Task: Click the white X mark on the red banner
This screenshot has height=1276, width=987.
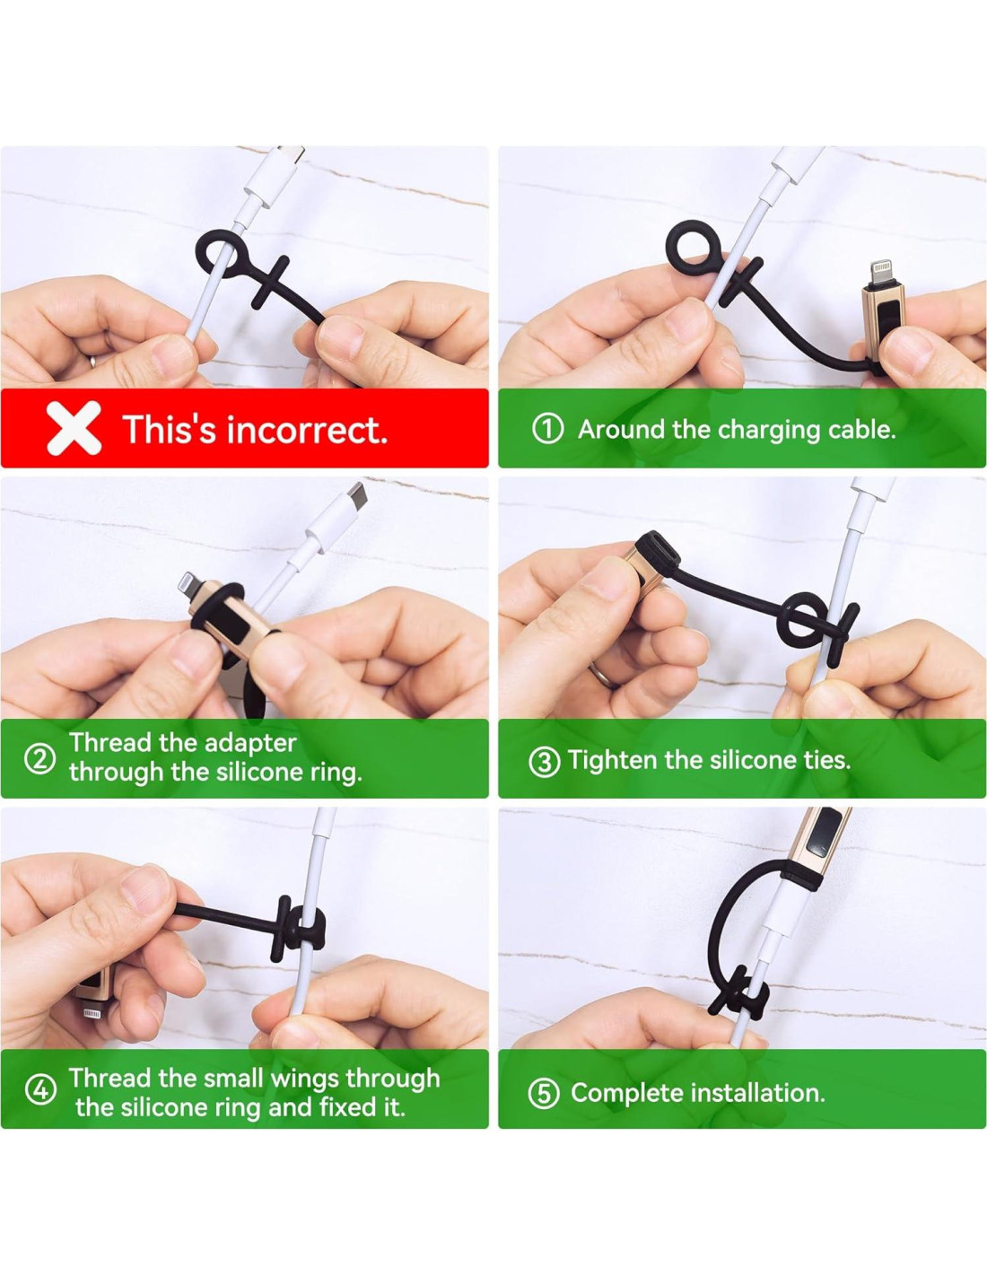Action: coord(74,428)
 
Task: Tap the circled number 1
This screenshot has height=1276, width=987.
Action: coord(547,429)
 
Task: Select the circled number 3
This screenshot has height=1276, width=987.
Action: coord(544,762)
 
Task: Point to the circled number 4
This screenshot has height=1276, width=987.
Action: coord(40,1090)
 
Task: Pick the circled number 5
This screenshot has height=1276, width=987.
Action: coord(544,1093)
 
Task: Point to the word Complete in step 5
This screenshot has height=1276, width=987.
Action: coord(627,1093)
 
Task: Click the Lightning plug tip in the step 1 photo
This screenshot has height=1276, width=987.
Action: coord(880,273)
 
